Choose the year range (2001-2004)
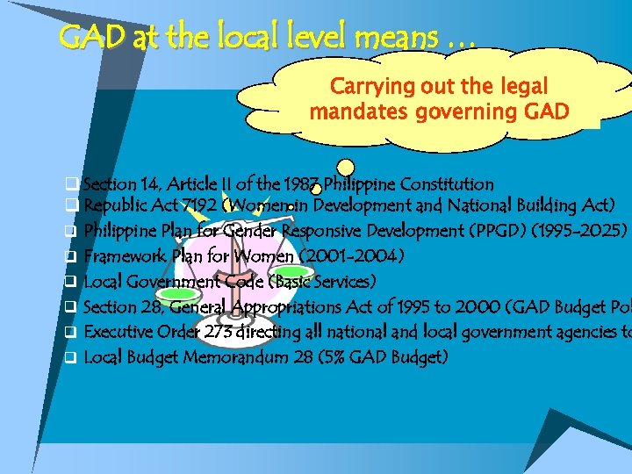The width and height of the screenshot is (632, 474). tap(352, 257)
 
